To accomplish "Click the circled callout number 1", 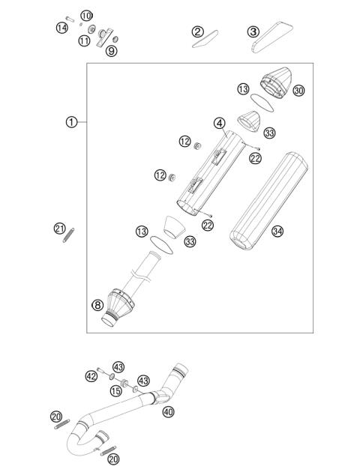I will (x=71, y=121).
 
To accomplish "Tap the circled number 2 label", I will (x=197, y=31).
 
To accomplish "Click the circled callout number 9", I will (x=111, y=51).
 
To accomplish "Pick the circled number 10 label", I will (x=86, y=16).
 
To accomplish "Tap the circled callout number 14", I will (x=61, y=28).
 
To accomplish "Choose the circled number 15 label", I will (x=116, y=391).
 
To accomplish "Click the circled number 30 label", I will (x=298, y=91).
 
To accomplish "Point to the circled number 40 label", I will (x=168, y=411).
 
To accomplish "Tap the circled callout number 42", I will (x=91, y=376).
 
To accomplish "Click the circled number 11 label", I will (x=85, y=40).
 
